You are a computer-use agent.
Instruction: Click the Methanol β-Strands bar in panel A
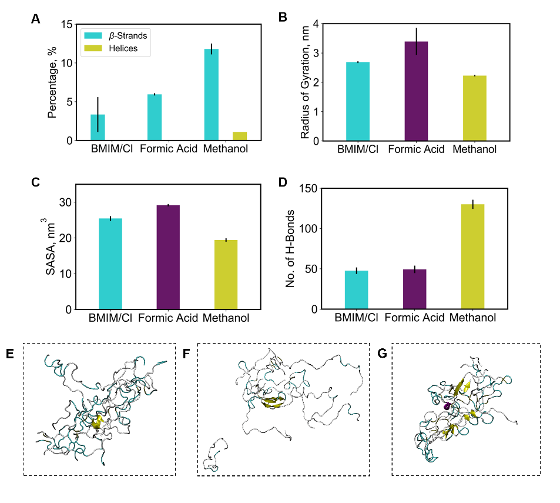(211, 95)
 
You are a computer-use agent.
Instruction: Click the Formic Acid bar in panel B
(416, 91)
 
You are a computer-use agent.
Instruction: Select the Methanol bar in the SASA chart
(226, 275)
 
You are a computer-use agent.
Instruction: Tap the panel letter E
(11, 354)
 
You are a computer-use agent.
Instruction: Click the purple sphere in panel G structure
(447, 407)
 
